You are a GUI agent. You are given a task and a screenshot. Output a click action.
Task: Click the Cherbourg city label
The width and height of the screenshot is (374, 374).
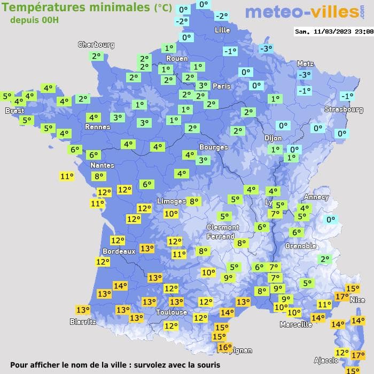coord(96,45)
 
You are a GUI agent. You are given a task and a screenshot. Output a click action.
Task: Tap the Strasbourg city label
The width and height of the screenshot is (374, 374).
coord(344,110)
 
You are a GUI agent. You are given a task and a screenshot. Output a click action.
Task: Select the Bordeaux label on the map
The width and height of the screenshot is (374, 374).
coord(119,251)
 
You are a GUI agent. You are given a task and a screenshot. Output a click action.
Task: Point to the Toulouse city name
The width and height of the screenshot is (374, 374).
coord(172,312)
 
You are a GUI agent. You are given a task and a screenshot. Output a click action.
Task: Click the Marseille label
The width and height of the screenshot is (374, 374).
coord(296,324)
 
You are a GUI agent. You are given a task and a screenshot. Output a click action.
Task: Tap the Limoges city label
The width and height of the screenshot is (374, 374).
coord(172,201)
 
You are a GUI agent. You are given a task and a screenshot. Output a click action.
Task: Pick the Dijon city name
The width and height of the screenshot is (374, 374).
coord(272,138)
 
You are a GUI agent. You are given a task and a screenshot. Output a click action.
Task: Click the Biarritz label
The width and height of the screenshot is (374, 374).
coord(83,322)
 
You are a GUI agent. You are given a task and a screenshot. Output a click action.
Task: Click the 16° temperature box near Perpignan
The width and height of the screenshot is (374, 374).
coord(225,348)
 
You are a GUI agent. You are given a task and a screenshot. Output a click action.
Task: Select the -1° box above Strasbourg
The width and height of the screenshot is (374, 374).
coord(347,96)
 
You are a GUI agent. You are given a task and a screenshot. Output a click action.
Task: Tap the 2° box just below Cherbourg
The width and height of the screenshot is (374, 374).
coord(96,56)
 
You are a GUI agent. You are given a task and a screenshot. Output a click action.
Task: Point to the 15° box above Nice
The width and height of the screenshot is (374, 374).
coord(352,289)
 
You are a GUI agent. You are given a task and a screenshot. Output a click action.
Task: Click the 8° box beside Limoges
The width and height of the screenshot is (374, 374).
coord(193,201)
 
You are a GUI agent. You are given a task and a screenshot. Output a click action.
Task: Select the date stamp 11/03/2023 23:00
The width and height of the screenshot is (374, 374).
coord(334,32)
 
